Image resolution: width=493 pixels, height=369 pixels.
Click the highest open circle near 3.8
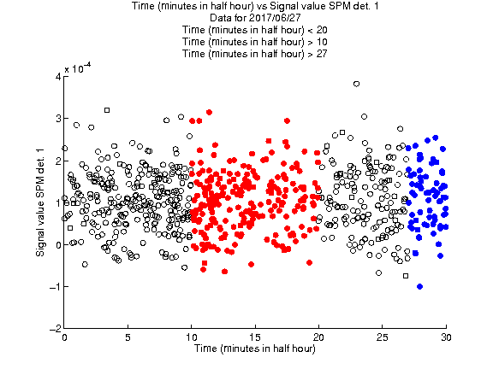point(356,84)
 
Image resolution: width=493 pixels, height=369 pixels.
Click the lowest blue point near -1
point(419,286)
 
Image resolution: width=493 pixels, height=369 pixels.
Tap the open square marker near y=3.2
point(107,110)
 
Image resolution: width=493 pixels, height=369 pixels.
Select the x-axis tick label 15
point(255,337)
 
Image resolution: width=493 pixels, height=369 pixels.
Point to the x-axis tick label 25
point(382,337)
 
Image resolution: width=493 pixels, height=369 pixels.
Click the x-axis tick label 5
point(128,337)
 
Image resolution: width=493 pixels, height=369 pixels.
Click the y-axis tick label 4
point(58,77)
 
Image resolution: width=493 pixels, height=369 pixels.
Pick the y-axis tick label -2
point(56,329)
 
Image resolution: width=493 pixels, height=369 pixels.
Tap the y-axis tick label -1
point(56,286)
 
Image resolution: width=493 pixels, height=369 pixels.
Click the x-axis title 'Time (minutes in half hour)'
point(255,348)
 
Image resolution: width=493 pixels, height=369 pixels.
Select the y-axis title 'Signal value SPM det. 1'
point(40,202)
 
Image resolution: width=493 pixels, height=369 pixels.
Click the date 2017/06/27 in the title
point(275,18)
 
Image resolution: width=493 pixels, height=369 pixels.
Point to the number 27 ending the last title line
point(322,54)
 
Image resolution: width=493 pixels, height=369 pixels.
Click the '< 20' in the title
point(318,30)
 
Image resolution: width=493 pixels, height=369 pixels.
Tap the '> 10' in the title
point(318,42)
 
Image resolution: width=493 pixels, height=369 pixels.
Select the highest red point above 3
point(209,112)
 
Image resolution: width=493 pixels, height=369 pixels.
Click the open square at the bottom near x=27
point(406,276)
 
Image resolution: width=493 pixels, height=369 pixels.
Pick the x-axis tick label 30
point(446,337)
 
